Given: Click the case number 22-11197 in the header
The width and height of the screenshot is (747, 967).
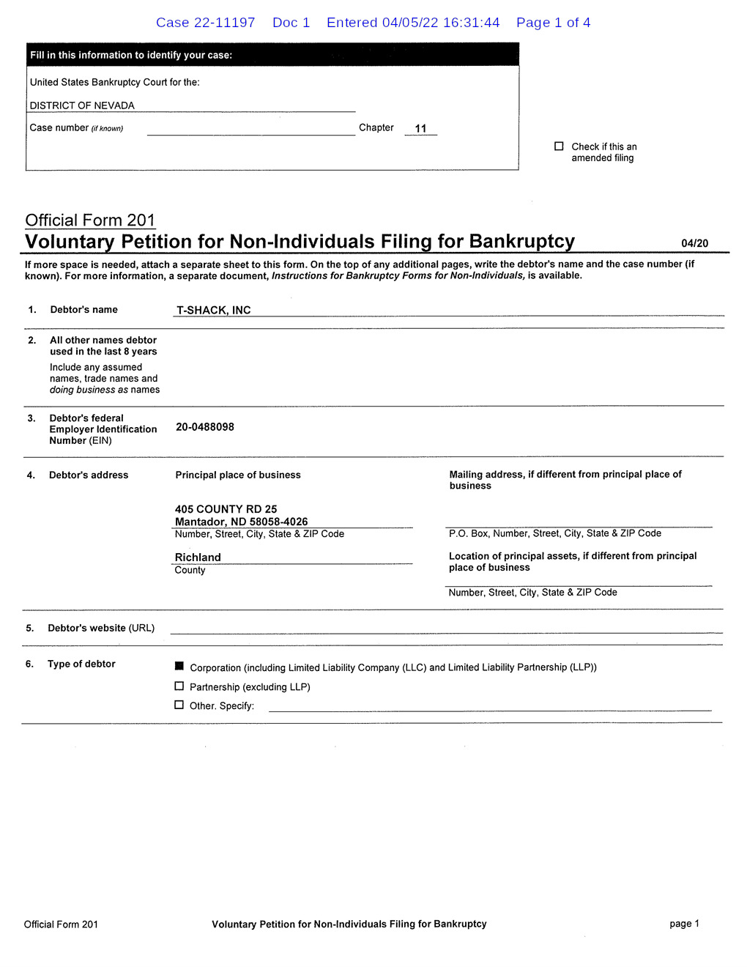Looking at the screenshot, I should (x=205, y=23).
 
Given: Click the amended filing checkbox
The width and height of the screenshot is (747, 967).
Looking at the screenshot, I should (x=559, y=147).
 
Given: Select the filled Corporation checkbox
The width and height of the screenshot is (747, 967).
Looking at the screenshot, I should (x=179, y=666).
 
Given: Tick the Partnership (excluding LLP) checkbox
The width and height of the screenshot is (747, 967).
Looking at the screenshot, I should (x=179, y=686).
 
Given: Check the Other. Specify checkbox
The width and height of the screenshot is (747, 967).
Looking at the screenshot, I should (x=179, y=705).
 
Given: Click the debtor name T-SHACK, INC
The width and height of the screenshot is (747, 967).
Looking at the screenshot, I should (x=213, y=310).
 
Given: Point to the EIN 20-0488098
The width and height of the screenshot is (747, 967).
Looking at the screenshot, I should (x=205, y=427).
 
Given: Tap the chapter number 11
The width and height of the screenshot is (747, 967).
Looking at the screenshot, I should (x=420, y=128).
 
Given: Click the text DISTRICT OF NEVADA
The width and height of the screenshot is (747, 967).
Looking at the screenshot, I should (x=82, y=105).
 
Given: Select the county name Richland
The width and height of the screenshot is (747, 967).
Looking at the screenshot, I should (x=198, y=557).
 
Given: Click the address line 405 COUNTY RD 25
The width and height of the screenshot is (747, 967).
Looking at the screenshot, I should (x=226, y=509).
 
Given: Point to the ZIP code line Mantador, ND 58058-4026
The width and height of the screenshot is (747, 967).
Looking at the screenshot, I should (x=241, y=522).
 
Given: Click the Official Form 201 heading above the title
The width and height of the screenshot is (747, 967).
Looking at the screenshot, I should (x=90, y=221).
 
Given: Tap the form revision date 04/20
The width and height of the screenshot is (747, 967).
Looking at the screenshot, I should (x=694, y=243).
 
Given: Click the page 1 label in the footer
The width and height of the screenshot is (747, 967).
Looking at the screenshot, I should (x=684, y=924).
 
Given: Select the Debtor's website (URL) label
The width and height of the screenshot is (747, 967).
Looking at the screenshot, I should (x=101, y=628).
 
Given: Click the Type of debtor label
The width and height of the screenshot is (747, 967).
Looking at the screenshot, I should (x=81, y=664).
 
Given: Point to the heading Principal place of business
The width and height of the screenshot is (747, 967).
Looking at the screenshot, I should (x=238, y=475).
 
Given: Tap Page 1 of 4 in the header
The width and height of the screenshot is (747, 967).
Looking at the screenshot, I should (x=553, y=23).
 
